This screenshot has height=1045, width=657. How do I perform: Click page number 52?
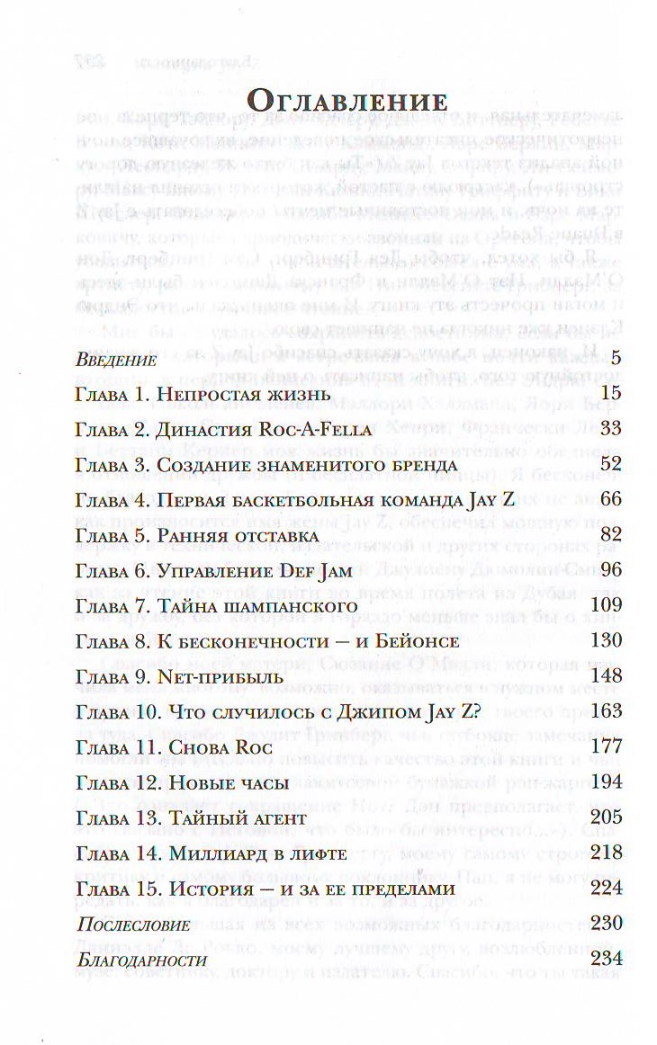(610, 464)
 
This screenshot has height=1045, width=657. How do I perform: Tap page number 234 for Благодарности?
(607, 958)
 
